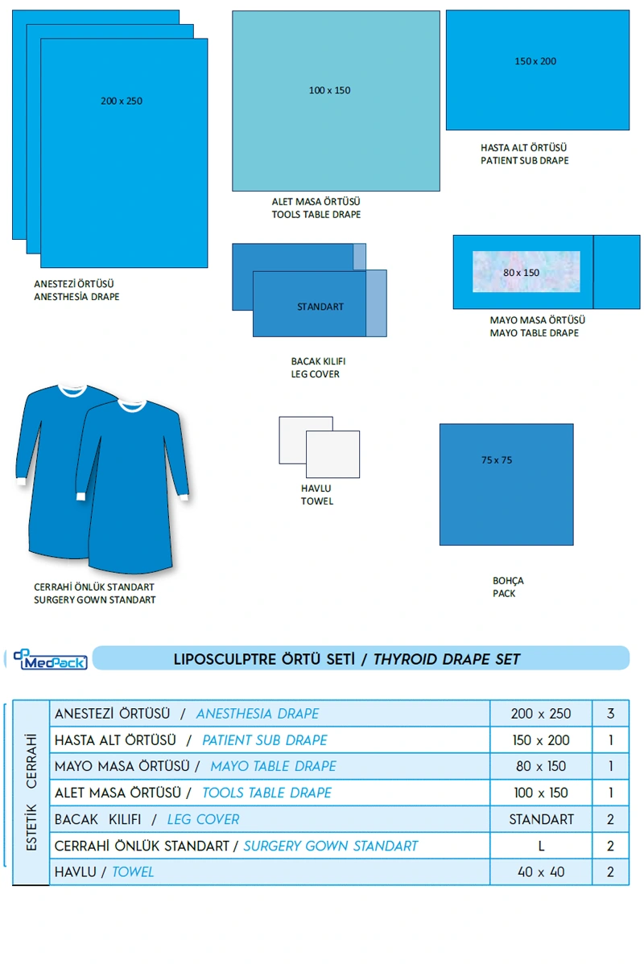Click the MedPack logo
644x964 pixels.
click(x=50, y=660)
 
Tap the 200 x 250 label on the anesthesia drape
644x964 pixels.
click(x=122, y=101)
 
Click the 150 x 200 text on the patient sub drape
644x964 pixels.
click(x=535, y=61)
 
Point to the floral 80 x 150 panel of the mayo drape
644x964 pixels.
click(x=525, y=272)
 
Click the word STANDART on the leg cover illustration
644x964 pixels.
click(x=320, y=307)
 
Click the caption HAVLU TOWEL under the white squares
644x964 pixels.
click(x=316, y=495)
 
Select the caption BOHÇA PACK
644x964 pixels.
click(x=508, y=587)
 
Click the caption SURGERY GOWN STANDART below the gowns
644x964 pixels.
click(x=95, y=599)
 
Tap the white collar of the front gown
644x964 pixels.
click(x=133, y=405)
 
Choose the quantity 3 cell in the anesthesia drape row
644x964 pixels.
click(x=611, y=714)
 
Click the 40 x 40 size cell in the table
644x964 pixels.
click(x=541, y=871)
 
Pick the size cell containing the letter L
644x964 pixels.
click(x=541, y=846)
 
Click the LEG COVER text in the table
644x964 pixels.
click(x=203, y=819)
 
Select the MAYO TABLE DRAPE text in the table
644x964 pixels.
click(x=273, y=766)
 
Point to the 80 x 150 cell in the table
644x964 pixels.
click(x=541, y=766)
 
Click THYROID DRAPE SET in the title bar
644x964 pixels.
click(x=447, y=660)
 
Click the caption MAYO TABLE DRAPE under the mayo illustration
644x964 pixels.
click(x=535, y=333)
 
